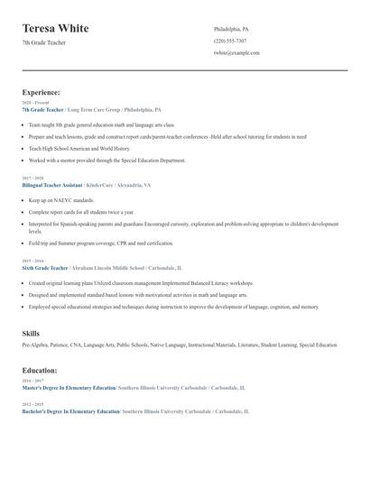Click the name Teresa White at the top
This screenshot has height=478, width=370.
[56, 28]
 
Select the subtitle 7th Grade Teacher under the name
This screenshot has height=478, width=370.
[44, 43]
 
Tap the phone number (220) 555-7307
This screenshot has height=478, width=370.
[230, 41]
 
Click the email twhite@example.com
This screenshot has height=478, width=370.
[236, 52]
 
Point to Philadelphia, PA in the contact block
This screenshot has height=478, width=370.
[231, 29]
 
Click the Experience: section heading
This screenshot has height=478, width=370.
[42, 92]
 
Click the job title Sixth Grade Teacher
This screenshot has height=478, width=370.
[45, 268]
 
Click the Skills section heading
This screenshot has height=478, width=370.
[32, 334]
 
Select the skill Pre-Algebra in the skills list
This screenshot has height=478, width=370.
[34, 345]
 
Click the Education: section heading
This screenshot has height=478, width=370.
[40, 370]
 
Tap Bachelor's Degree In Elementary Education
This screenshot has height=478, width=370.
[71, 410]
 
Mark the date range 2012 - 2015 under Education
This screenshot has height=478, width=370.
[32, 404]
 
